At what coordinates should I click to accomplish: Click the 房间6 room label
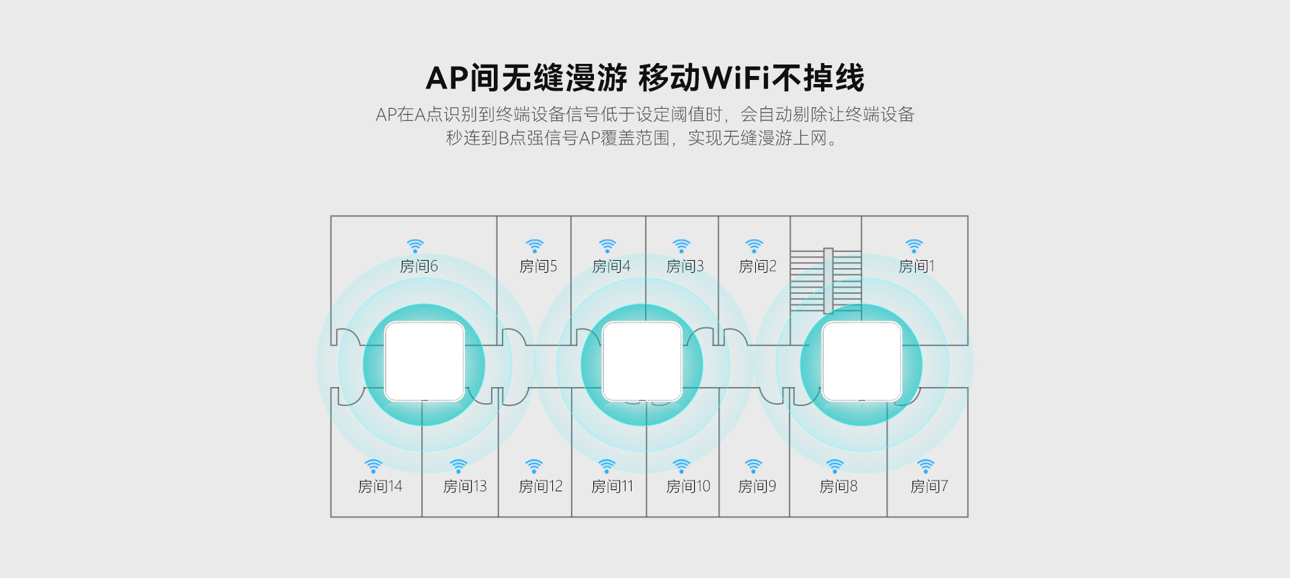coord(419,266)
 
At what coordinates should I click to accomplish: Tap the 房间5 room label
coord(538,266)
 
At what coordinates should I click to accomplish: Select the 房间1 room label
coord(916,266)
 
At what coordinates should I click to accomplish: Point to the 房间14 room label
coord(380,486)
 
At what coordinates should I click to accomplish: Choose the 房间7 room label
coord(929,486)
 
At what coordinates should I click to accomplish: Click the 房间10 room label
coord(688,486)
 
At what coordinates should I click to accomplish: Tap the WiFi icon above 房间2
coord(755,246)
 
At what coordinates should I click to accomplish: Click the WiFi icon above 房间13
coord(458,466)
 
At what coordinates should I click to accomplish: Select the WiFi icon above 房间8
coord(834,466)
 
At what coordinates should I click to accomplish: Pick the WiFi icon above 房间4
coord(607,246)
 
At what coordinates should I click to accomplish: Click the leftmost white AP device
coord(424,362)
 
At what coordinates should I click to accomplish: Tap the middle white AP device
coord(642,362)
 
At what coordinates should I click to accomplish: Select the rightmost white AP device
coord(862,362)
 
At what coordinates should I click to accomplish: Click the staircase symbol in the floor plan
coord(826,281)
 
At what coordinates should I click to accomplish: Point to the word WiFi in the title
coord(736,78)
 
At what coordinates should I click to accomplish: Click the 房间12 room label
coord(540,486)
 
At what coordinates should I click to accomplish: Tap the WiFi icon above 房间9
coord(754,466)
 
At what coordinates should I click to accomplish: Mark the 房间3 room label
coord(685,266)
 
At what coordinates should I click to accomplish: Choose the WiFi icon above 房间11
coord(607,466)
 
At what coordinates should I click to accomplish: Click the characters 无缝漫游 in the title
coord(564,78)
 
